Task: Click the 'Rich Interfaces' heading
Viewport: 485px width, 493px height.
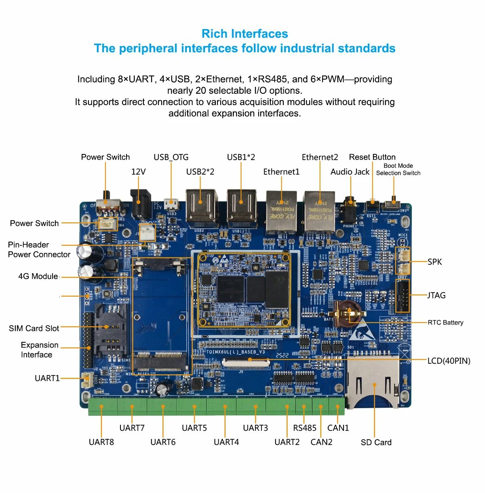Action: pyautogui.click(x=245, y=34)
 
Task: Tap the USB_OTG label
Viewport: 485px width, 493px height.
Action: pyautogui.click(x=171, y=157)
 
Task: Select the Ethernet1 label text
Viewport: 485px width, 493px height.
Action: pyautogui.click(x=281, y=172)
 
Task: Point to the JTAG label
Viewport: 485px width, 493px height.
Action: pyautogui.click(x=436, y=295)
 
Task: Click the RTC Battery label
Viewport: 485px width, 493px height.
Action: pyautogui.click(x=445, y=322)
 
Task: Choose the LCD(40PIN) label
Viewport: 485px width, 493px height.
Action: pyautogui.click(x=449, y=361)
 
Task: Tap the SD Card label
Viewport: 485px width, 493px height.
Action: pyautogui.click(x=376, y=442)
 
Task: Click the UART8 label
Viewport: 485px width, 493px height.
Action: pyautogui.click(x=101, y=442)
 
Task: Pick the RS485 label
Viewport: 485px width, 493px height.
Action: pyautogui.click(x=305, y=428)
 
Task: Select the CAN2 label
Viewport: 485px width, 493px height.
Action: pyautogui.click(x=321, y=442)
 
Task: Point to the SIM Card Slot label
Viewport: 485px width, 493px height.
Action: pyautogui.click(x=34, y=328)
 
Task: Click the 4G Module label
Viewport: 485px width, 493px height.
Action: pyautogui.click(x=38, y=276)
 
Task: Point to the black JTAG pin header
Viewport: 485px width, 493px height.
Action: pyautogui.click(x=402, y=296)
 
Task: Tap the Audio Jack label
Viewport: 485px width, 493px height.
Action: pyautogui.click(x=350, y=172)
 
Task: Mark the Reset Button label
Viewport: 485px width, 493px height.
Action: pyautogui.click(x=372, y=157)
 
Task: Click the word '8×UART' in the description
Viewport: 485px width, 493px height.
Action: pyautogui.click(x=135, y=79)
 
